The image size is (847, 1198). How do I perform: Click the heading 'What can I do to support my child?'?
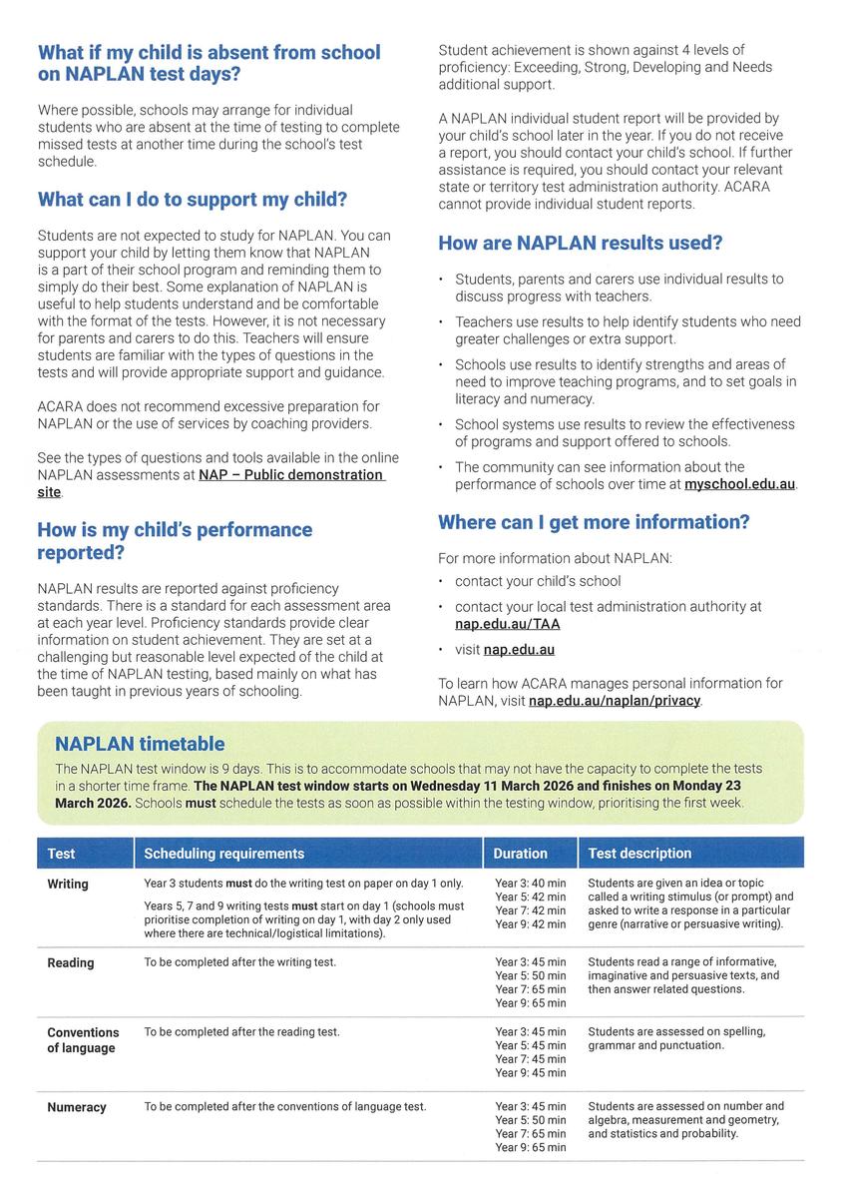(x=193, y=200)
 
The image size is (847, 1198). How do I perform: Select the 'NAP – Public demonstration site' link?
(x=290, y=475)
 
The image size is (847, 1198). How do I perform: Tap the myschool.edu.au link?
(x=739, y=484)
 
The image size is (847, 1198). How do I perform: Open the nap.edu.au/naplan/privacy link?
(x=615, y=701)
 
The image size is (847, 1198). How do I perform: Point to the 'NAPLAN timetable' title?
(x=140, y=744)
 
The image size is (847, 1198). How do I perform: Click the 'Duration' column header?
(x=520, y=854)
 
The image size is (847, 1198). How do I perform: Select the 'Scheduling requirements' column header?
(x=224, y=854)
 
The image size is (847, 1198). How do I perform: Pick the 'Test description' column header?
(x=639, y=854)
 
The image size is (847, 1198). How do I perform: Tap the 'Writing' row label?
(x=68, y=885)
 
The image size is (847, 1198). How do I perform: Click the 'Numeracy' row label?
(x=77, y=1107)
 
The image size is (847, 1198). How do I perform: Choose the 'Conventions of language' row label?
(x=83, y=1040)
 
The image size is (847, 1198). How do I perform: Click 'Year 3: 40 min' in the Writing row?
(x=530, y=884)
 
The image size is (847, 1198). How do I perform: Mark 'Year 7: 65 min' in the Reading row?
(x=530, y=989)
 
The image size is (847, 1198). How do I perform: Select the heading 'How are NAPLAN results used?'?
(x=580, y=243)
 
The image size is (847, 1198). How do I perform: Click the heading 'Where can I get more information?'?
(x=594, y=522)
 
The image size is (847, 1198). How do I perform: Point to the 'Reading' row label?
(x=71, y=963)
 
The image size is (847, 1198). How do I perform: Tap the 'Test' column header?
(x=61, y=854)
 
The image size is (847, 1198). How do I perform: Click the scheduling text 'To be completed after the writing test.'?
(x=240, y=962)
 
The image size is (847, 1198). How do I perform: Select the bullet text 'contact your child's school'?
(x=538, y=581)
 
